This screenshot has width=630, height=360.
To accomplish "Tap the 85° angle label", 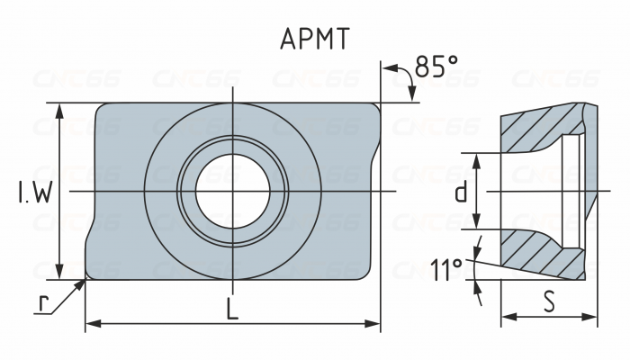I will coord(436,67).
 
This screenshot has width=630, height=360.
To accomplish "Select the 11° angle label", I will coord(445,269).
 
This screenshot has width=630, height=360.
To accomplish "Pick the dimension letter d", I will coord(460,192).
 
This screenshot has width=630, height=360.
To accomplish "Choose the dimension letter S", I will coord(549,300).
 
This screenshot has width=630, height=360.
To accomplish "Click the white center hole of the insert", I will coord(233,192).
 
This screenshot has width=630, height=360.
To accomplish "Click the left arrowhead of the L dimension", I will coord(91,322).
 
